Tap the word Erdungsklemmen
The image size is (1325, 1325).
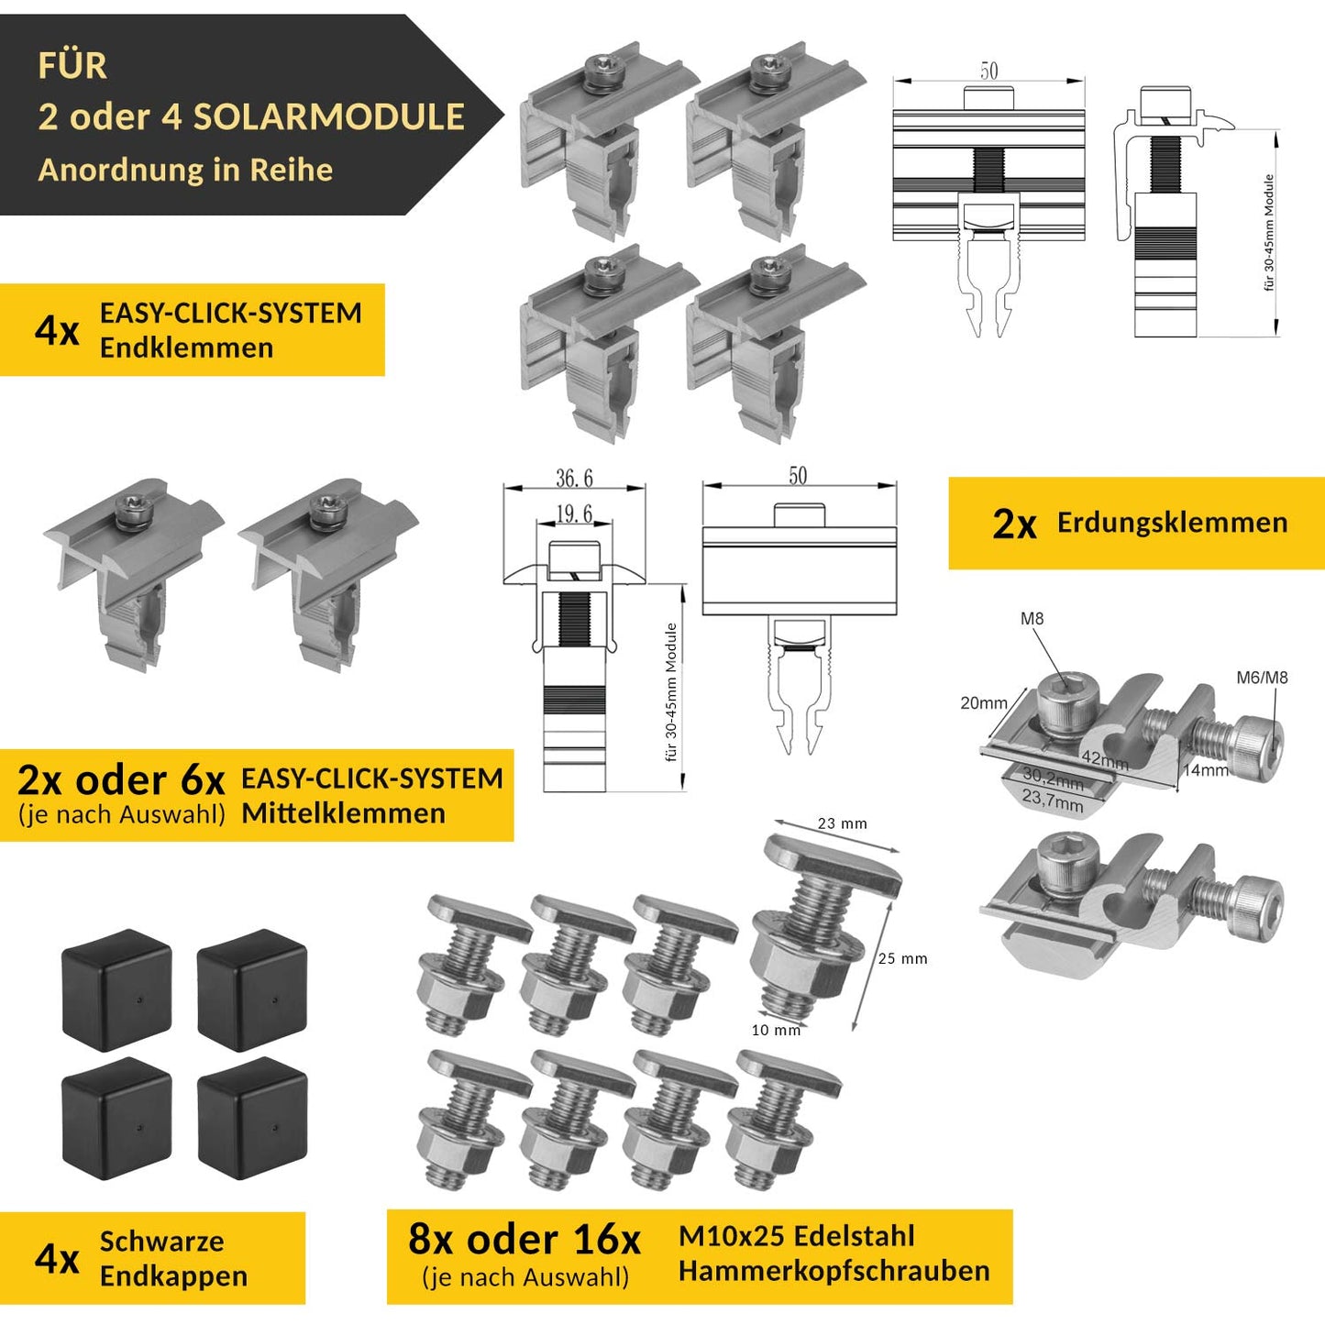point(1172,523)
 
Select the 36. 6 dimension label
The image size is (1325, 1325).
point(574,479)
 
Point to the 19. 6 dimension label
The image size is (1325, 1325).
point(574,514)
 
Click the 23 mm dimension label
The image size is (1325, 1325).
point(842,823)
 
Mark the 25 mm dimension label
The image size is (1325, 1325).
point(902,958)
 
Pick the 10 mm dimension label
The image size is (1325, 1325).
point(776,1030)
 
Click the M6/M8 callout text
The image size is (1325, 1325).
point(1262,678)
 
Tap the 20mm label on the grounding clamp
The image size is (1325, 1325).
point(983,703)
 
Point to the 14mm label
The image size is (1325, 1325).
point(1206,770)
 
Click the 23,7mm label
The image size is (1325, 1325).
point(1053,801)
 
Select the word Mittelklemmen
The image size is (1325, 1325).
point(344,813)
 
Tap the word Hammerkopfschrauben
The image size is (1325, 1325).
point(834,1271)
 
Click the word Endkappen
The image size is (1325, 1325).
point(173,1275)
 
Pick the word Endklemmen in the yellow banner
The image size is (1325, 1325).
point(186,348)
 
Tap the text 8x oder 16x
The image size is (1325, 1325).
point(524,1239)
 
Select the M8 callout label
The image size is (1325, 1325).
point(1032,619)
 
